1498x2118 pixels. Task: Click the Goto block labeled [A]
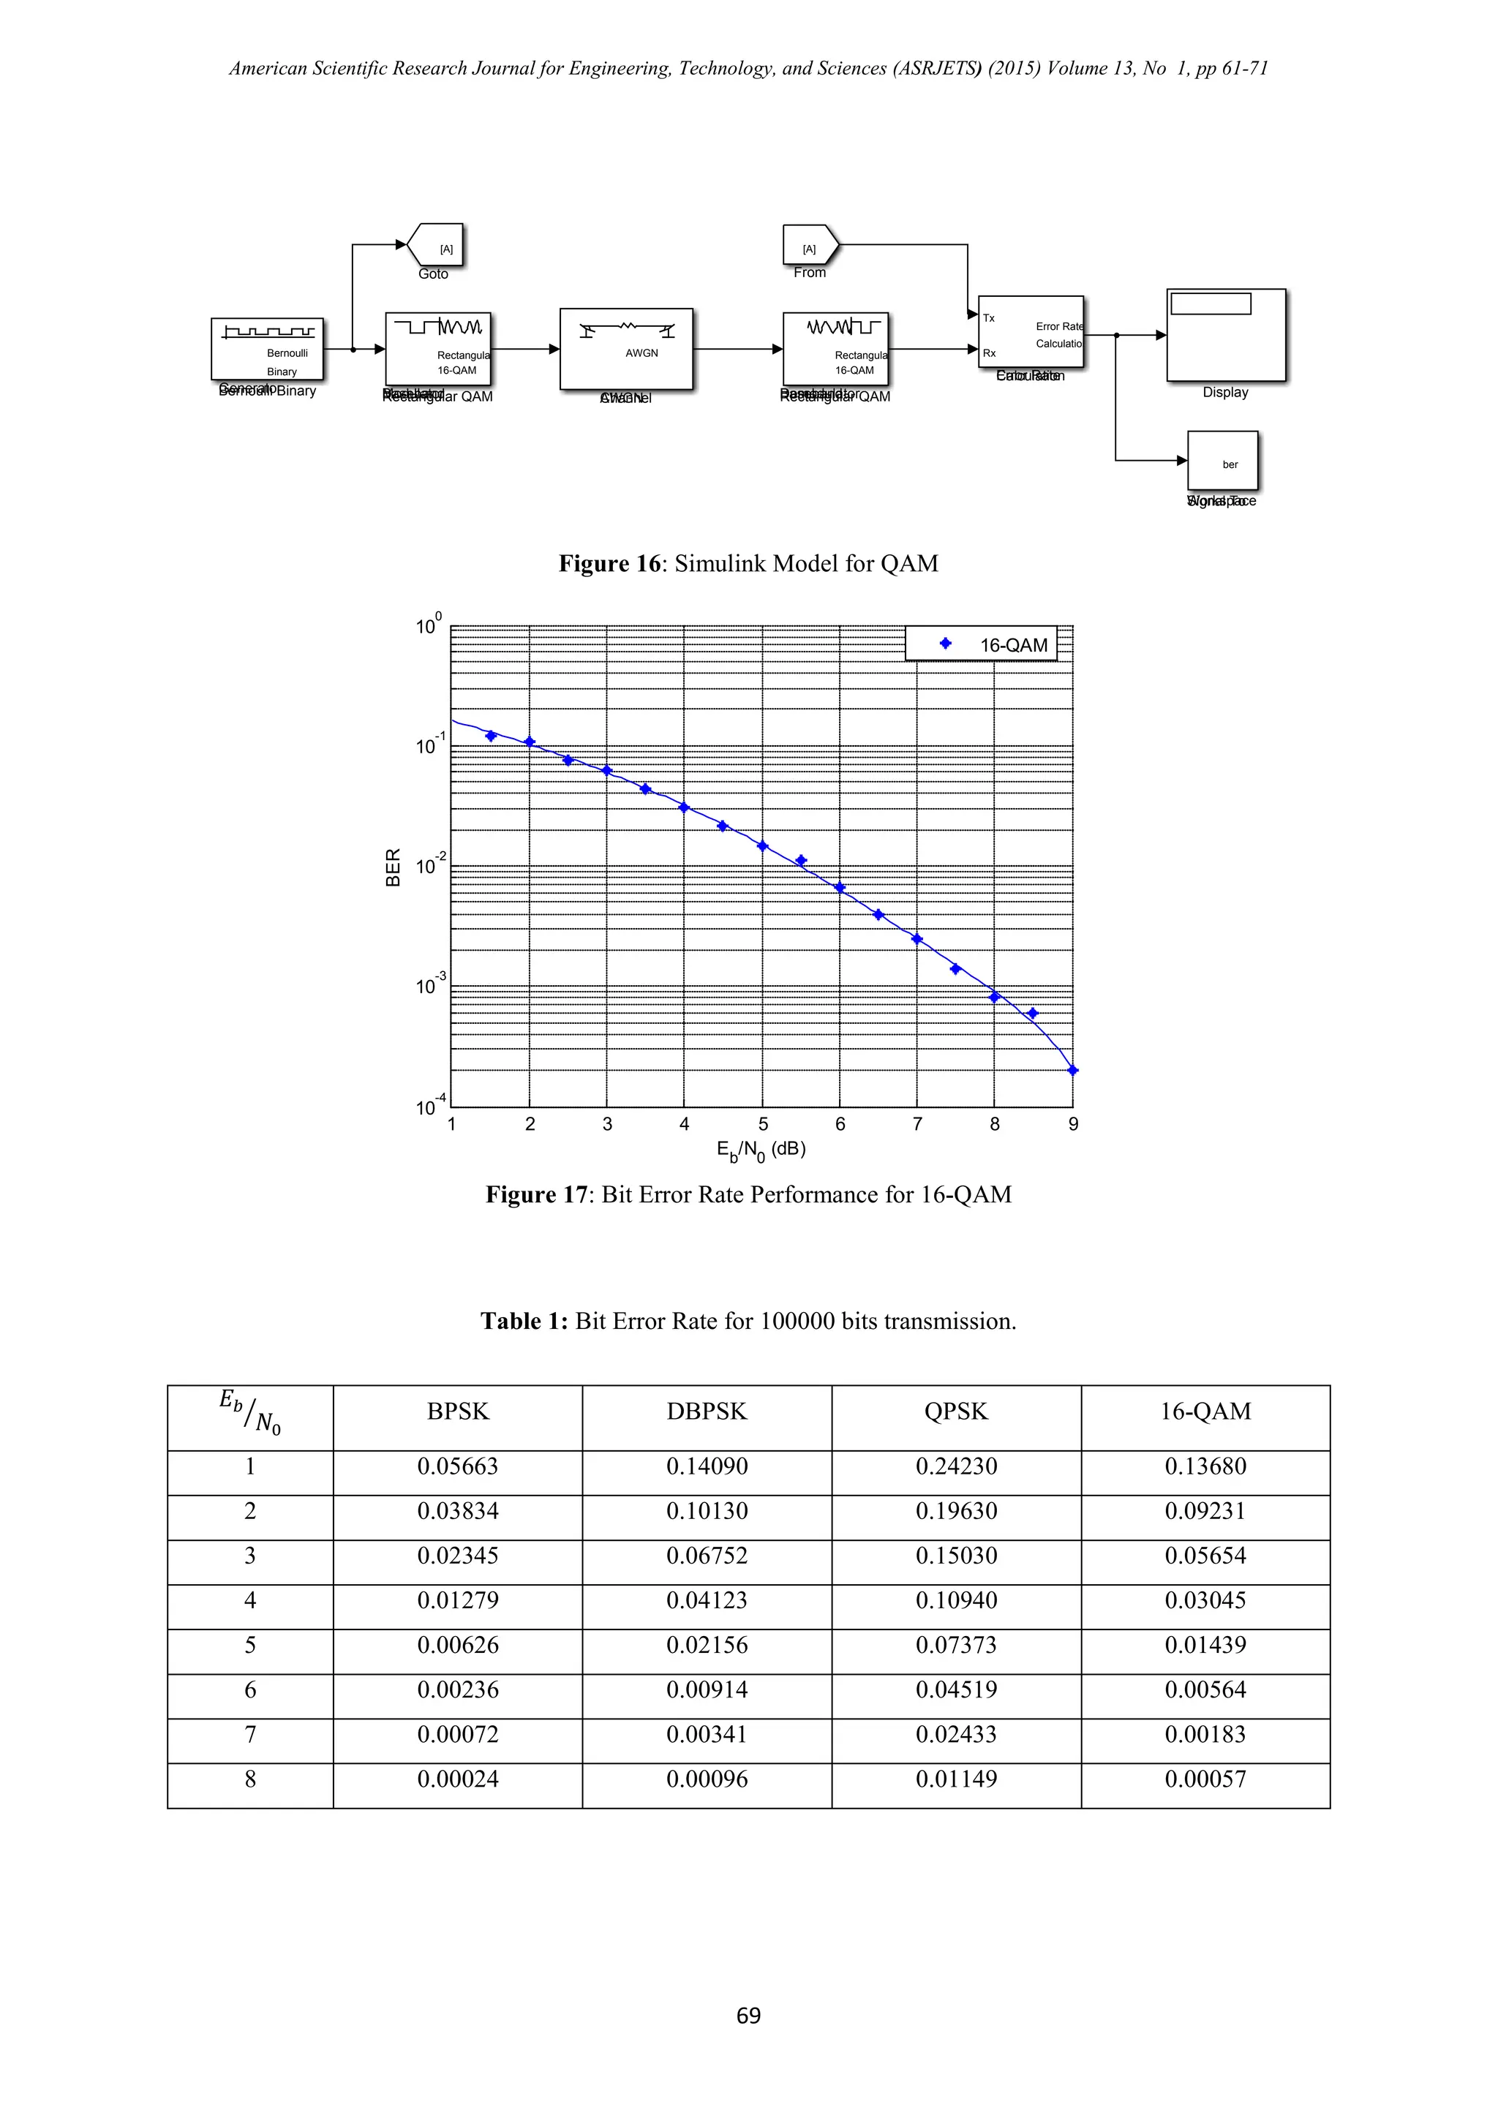tap(436, 246)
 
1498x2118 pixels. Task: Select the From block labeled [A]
tap(810, 246)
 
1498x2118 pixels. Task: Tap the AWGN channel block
tap(626, 349)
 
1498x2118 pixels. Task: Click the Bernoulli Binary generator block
tap(268, 349)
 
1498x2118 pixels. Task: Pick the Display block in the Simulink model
tap(1226, 336)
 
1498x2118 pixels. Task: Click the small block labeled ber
tap(1222, 461)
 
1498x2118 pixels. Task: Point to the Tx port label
tap(989, 318)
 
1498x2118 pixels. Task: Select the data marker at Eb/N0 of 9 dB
tap(1073, 1070)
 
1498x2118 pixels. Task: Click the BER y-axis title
tap(393, 867)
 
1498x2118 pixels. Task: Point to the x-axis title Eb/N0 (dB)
tap(761, 1150)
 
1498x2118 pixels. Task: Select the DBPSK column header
tap(707, 1412)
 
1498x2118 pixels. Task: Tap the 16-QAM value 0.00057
tap(1205, 1779)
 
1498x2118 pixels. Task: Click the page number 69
tap(748, 2016)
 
